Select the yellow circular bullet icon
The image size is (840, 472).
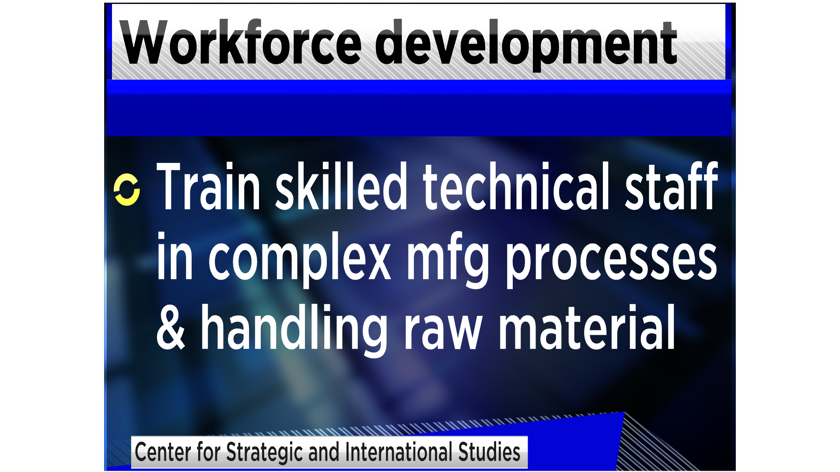(127, 190)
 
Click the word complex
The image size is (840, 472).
(299, 260)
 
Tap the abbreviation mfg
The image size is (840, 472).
(448, 260)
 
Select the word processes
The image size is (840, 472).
(611, 260)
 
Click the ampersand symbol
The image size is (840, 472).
(171, 327)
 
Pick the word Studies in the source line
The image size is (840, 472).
(489, 452)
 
